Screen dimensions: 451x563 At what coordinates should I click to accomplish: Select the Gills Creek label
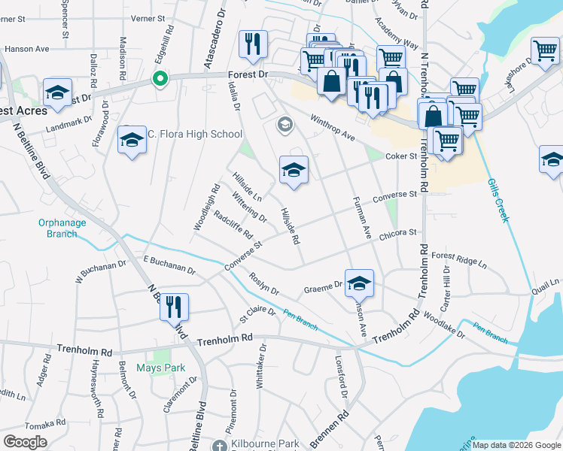(x=498, y=200)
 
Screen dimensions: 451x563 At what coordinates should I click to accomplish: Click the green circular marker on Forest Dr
(x=160, y=78)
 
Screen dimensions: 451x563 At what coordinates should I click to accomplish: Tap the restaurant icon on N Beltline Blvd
(x=174, y=306)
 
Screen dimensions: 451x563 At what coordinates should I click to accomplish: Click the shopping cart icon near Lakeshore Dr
(x=545, y=50)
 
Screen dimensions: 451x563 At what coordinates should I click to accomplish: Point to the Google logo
(x=25, y=441)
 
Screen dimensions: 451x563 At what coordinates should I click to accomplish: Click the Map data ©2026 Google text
(x=517, y=445)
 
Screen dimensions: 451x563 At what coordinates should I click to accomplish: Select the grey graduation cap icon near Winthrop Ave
(x=285, y=124)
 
